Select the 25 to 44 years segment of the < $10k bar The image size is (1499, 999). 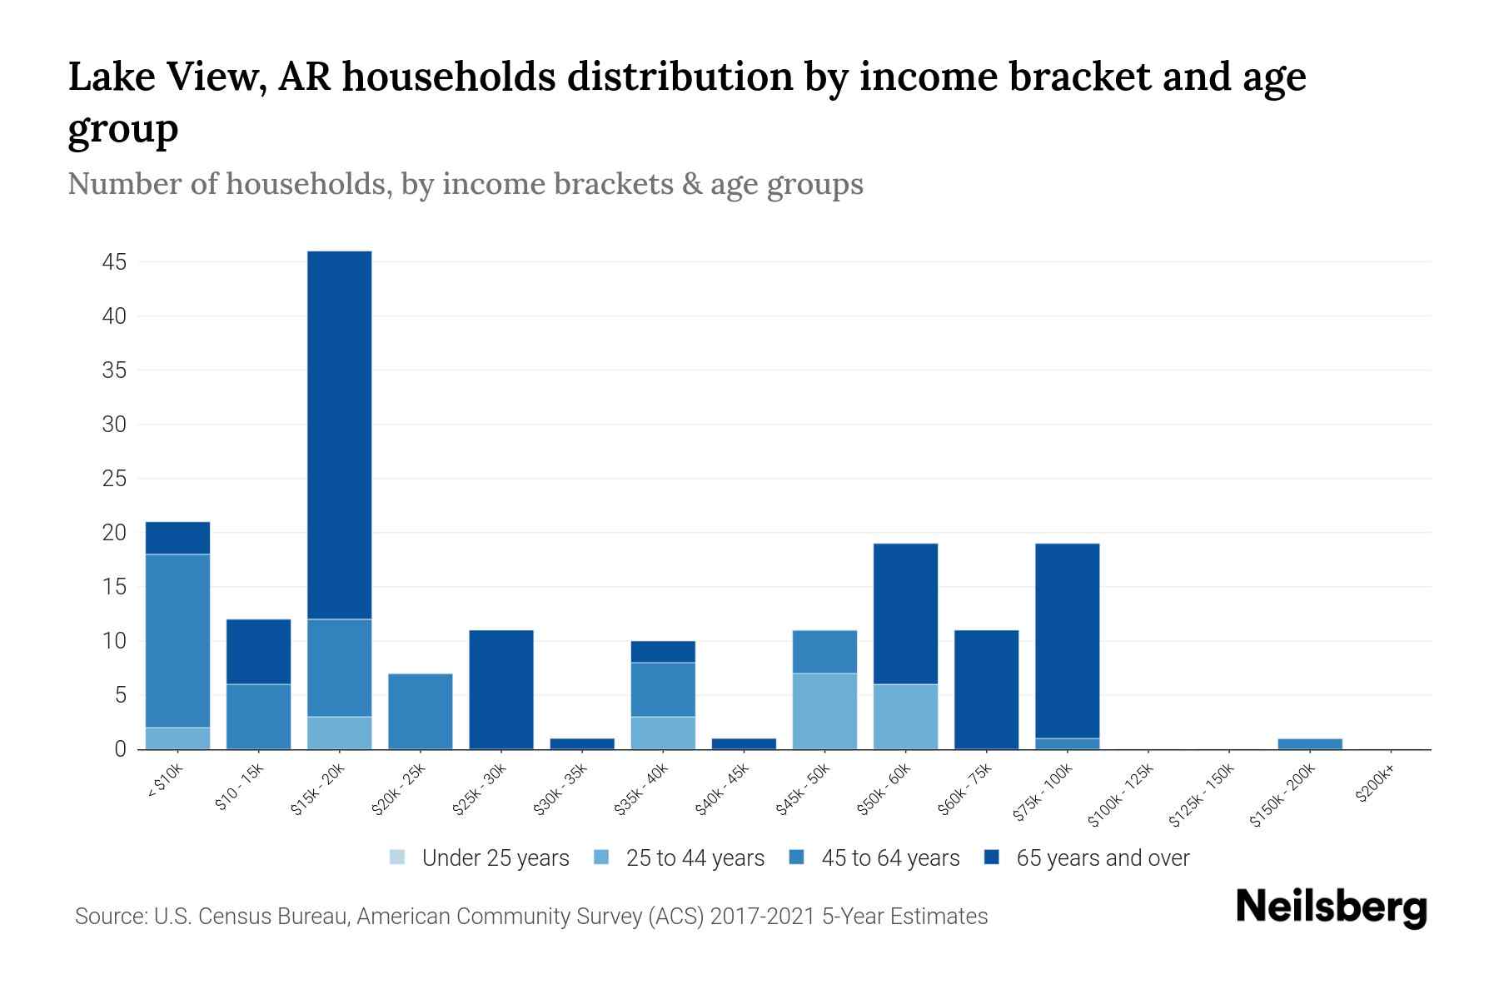coord(177,738)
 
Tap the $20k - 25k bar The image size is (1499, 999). coord(421,711)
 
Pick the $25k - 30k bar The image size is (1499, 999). coord(501,689)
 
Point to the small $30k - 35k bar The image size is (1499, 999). coord(582,743)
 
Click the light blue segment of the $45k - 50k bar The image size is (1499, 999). coord(824,711)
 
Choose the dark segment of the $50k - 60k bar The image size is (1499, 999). coord(905,614)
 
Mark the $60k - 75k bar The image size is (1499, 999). coord(986,689)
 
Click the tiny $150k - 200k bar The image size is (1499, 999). coord(1310,743)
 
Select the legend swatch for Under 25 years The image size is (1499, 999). coord(397,857)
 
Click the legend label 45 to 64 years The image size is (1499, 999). coord(890,858)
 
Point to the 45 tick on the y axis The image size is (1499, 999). coord(114,262)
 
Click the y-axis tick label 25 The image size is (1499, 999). coord(114,479)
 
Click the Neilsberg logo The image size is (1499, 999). coord(1331,907)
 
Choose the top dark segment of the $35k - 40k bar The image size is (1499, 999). coord(663,652)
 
